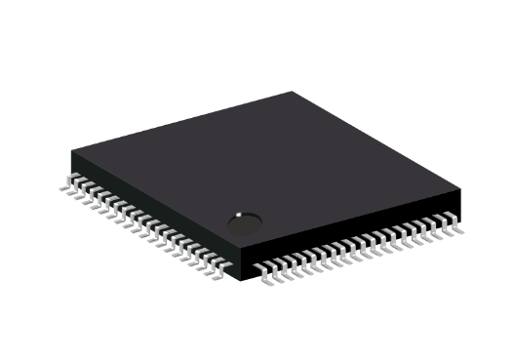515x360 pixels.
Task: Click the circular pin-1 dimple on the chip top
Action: coord(244,224)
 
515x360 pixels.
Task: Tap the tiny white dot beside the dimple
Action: coord(237,214)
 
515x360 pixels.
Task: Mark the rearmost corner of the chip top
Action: coord(293,92)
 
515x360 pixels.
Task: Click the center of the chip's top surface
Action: coord(266,173)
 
